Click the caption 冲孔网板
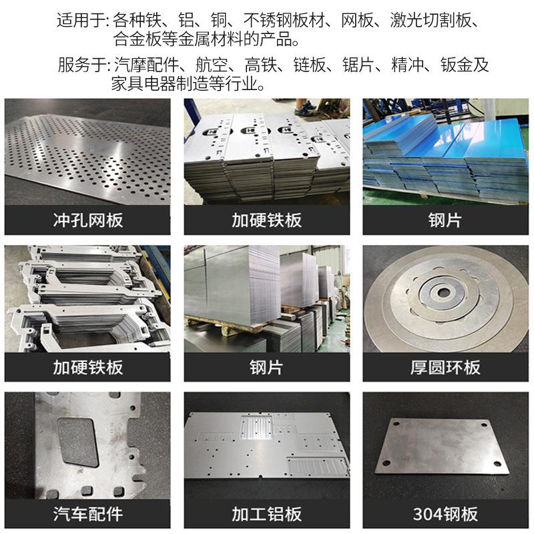(87, 220)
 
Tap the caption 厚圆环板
(445, 367)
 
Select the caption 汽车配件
(87, 514)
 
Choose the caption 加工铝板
(266, 514)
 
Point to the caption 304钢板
(445, 514)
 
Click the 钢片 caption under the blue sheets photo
(445, 220)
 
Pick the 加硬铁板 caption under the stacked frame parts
(87, 367)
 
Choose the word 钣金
(465, 65)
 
